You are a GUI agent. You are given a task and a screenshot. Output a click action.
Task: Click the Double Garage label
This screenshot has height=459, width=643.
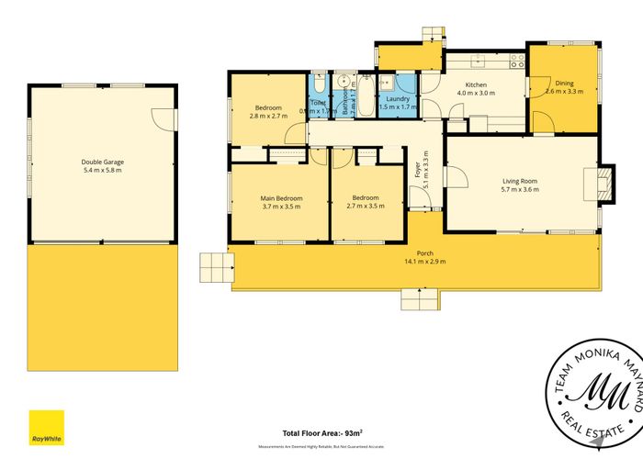tap(103, 162)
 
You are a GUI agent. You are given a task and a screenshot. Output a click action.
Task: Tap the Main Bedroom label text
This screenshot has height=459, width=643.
tap(282, 197)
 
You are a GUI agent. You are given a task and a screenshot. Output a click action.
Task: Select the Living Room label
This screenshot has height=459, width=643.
tap(520, 181)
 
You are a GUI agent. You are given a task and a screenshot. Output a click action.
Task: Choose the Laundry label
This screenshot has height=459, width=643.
tap(398, 98)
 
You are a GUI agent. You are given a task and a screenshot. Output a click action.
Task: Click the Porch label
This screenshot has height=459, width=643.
tap(424, 252)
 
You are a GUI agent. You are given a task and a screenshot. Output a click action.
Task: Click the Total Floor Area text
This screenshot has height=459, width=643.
tap(321, 432)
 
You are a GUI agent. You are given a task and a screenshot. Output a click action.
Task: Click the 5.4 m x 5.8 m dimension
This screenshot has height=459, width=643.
tap(103, 171)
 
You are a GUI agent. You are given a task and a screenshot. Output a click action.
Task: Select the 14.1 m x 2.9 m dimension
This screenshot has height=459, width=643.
tap(424, 261)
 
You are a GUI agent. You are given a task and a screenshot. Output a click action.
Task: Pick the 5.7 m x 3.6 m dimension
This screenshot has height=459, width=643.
tap(520, 190)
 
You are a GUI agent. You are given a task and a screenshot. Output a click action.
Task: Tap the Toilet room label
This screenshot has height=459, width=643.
tap(318, 103)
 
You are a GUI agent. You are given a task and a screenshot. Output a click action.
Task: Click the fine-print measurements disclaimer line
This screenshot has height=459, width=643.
tap(321, 446)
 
